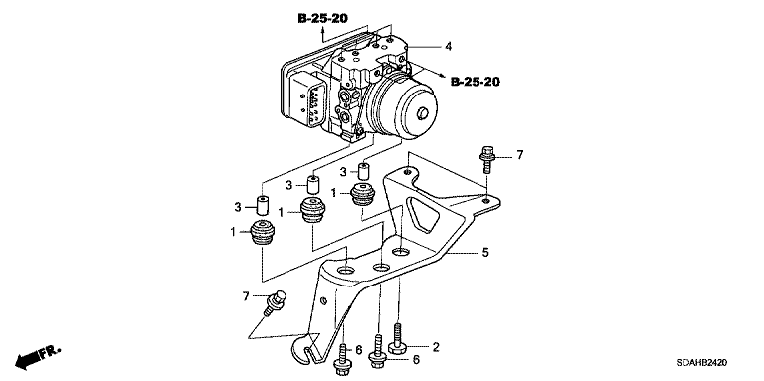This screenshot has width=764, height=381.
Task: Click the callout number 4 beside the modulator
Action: coord(448,47)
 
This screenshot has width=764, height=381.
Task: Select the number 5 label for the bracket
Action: coord(485,253)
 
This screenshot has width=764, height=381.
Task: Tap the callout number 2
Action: coord(436,347)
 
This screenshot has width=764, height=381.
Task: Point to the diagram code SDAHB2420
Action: coord(701,363)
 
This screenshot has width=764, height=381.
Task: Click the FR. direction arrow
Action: coord(38,357)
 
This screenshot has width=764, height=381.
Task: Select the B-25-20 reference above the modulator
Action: coord(322,19)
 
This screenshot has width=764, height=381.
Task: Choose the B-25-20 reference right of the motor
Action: coord(476,82)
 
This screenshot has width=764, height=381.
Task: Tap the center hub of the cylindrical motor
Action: coord(423,114)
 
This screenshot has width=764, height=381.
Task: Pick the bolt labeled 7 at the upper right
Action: coord(487,159)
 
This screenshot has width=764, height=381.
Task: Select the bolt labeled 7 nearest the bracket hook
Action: coord(274,302)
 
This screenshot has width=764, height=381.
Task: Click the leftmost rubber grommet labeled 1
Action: coord(263,233)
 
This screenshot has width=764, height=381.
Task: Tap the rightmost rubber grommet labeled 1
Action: coord(363,194)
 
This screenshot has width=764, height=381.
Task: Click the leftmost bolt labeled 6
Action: coord(342,360)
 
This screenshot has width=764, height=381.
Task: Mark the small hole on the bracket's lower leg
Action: coord(323,301)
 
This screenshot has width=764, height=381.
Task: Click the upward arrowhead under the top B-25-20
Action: coord(322,30)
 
